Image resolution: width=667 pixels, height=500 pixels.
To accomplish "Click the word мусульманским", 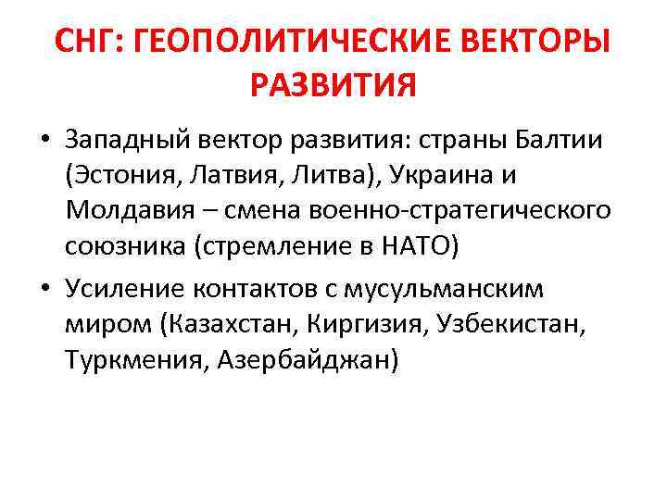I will (443, 290).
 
